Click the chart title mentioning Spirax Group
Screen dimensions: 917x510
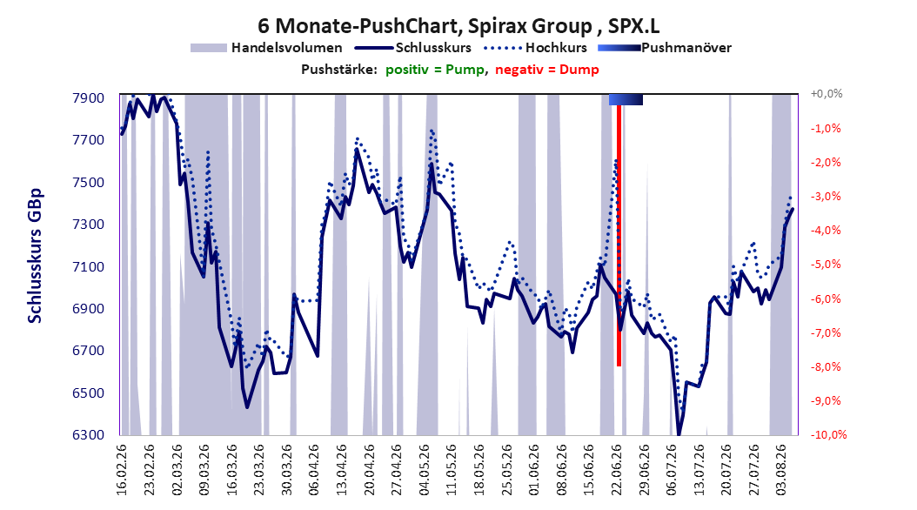coord(458,26)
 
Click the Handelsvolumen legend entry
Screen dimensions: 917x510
coord(266,48)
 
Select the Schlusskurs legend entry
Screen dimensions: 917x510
coord(413,48)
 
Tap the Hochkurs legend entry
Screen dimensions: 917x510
coord(535,48)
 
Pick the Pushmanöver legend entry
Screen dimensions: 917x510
coord(665,48)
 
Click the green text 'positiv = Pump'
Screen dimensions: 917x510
coord(434,70)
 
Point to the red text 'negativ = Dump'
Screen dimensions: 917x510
coord(547,70)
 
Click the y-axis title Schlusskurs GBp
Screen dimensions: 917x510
coord(35,256)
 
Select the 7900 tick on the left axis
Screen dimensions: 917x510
coord(89,97)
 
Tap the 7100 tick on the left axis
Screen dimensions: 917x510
coord(89,266)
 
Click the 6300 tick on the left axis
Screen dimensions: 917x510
coord(89,434)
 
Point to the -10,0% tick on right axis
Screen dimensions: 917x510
coord(828,434)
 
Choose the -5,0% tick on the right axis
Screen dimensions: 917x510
coord(826,265)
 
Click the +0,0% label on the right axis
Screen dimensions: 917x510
coord(827,94)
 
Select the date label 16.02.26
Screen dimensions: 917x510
coord(122,470)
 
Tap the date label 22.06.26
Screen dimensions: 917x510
coord(616,470)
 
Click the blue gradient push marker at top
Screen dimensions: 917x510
coord(626,99)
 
